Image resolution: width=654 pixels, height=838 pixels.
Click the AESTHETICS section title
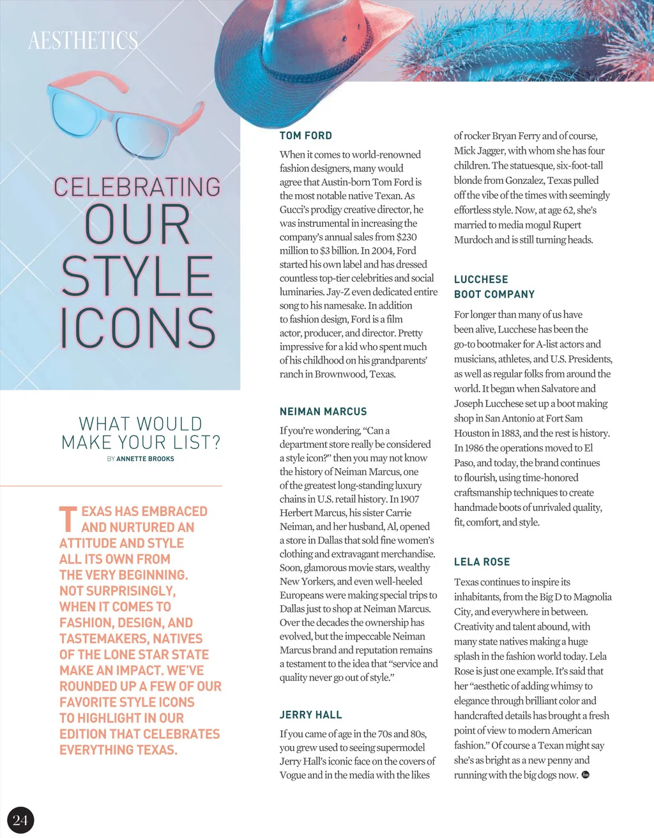click(83, 40)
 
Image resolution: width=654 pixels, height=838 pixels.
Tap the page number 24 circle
click(20, 820)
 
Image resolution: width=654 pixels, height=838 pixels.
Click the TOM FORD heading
click(306, 135)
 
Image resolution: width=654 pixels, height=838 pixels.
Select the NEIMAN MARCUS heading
click(323, 411)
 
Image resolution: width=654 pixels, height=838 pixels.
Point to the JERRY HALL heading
click(310, 715)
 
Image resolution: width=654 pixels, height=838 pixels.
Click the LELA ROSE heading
click(482, 562)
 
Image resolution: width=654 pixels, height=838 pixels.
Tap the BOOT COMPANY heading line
click(494, 294)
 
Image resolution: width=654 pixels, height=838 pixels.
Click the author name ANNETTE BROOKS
click(145, 459)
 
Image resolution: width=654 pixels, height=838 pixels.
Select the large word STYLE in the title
click(137, 276)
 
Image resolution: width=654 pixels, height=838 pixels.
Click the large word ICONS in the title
click(138, 328)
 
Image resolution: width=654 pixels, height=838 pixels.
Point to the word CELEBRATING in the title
click(137, 187)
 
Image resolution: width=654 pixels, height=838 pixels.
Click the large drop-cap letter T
click(68, 519)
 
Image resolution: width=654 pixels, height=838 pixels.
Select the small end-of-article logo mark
click(586, 775)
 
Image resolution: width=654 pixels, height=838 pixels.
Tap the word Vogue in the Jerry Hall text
click(292, 775)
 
